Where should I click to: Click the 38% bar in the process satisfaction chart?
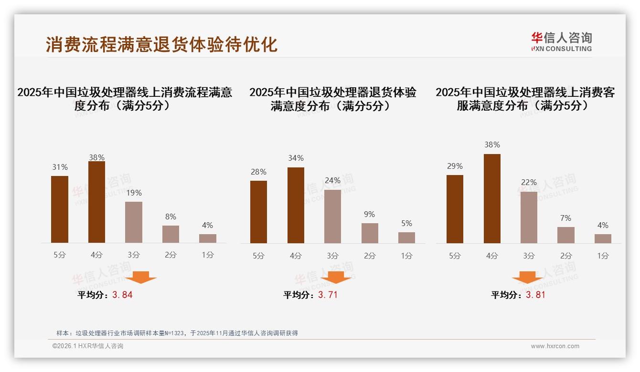pos(96,202)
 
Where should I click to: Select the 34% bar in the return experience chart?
pos(296,205)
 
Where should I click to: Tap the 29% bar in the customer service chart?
pos(455,209)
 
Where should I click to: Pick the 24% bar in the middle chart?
pos(332,217)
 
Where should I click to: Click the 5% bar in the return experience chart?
pos(406,238)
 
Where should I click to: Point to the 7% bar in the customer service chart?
pos(566,235)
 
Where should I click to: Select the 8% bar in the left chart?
pos(171,234)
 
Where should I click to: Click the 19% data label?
pos(134,193)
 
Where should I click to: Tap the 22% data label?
pos(529,182)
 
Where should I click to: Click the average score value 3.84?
pos(122,295)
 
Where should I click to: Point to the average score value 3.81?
pos(535,295)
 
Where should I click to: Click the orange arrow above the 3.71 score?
pos(336,278)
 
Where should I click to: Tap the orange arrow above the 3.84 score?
pos(141,278)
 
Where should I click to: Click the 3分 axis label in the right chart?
pos(529,256)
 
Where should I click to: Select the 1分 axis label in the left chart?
pos(208,255)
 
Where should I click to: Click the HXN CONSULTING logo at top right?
pos(561,42)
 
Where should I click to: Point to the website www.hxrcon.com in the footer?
pos(555,346)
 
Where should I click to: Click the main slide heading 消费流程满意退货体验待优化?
pos(161,45)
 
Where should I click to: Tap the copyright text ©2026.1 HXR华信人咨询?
pos(88,346)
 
